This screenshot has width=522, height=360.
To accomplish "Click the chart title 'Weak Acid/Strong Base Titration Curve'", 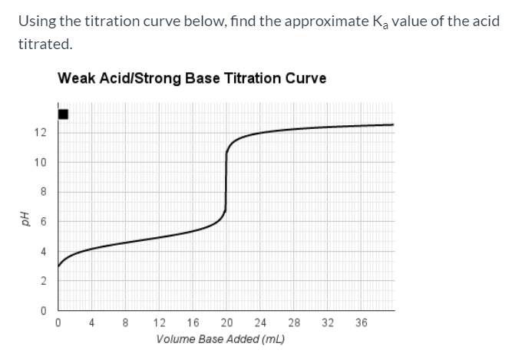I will [x=192, y=78].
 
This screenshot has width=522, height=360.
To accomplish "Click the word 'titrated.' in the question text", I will [x=46, y=44].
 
